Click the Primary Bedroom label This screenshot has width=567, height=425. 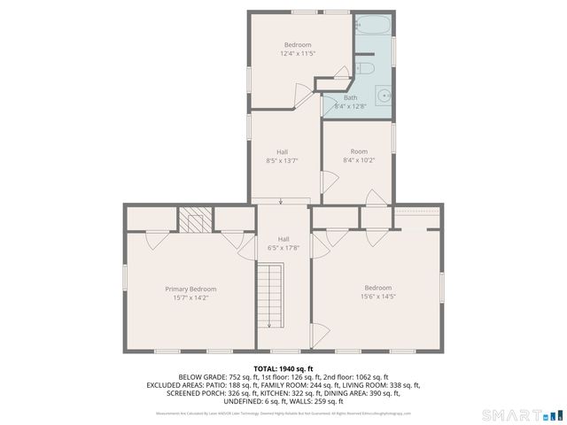[x=190, y=289]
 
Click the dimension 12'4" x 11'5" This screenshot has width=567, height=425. [x=298, y=54]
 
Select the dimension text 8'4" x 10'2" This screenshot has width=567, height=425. [x=359, y=160]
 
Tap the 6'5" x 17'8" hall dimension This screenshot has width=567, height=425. [x=283, y=248]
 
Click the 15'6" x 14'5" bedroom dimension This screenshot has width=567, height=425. [x=378, y=297]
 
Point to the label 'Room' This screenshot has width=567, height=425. [x=359, y=151]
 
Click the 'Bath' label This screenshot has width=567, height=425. [x=351, y=97]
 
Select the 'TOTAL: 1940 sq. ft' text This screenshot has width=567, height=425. [x=283, y=368]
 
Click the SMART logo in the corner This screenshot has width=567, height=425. [x=520, y=413]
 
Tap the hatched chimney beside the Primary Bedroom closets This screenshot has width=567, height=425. [x=197, y=218]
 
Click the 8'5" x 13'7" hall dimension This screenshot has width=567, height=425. [x=283, y=160]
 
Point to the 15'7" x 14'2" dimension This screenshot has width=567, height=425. [x=190, y=297]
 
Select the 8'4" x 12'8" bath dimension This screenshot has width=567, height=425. [x=351, y=106]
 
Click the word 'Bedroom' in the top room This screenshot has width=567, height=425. [x=298, y=45]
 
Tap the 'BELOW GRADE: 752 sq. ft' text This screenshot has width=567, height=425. [x=215, y=377]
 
